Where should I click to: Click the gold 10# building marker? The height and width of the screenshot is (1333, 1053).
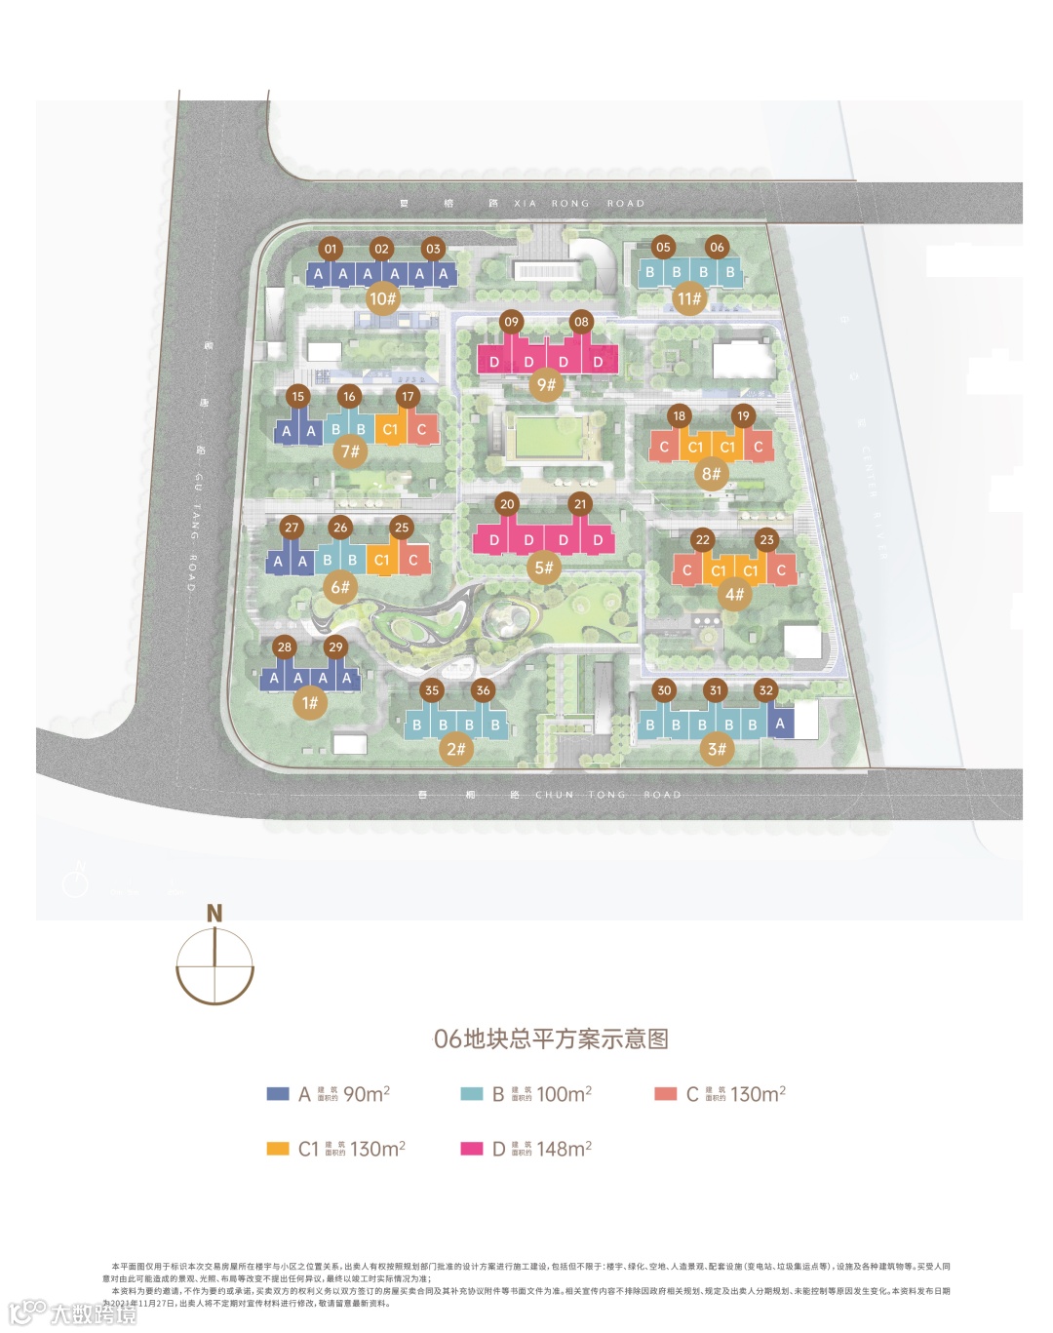click(382, 298)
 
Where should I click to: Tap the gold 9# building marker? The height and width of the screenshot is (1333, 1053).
click(546, 384)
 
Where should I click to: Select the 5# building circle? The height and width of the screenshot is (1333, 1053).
click(544, 568)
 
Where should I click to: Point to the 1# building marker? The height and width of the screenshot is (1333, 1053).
click(310, 702)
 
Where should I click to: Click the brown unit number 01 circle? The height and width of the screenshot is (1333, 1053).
click(331, 249)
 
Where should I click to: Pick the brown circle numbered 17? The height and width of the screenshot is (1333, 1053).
click(408, 396)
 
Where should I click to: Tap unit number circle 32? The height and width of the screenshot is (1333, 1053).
click(766, 690)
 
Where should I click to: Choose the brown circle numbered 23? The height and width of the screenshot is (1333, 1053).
click(766, 539)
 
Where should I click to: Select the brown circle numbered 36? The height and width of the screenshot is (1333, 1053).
click(483, 689)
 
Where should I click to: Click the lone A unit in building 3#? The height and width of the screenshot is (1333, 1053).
click(780, 724)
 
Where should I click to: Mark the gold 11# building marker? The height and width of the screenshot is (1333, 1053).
click(689, 298)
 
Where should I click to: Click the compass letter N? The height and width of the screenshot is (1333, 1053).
click(214, 914)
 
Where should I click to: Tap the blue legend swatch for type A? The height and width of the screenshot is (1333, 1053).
click(278, 1094)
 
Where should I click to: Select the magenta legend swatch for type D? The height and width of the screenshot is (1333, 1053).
click(472, 1149)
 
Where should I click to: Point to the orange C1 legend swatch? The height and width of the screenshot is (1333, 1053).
click(278, 1149)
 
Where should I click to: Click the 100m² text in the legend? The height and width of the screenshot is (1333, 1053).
click(565, 1094)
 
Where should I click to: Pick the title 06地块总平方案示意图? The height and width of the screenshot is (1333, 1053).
click(551, 1039)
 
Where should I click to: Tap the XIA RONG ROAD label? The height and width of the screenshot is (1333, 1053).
click(579, 204)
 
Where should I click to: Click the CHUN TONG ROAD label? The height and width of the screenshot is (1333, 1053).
click(607, 795)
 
